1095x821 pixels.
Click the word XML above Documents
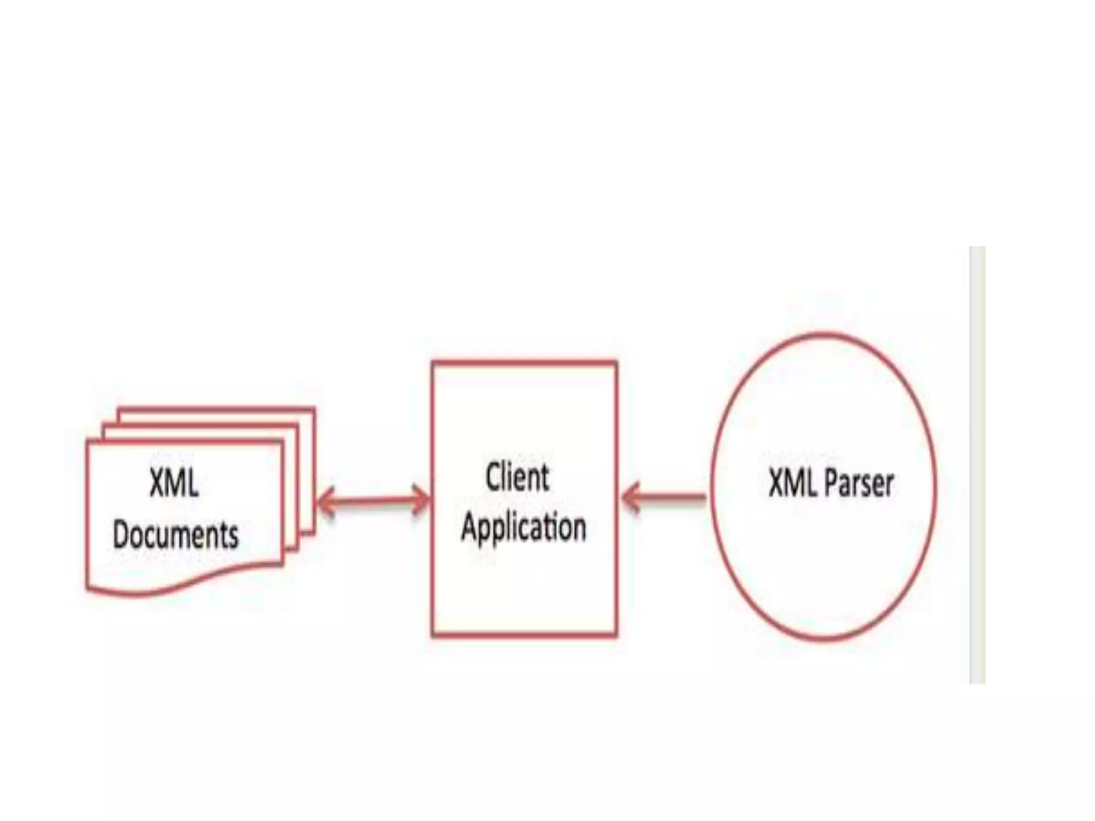(174, 483)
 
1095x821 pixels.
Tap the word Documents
(176, 534)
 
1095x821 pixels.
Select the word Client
(517, 477)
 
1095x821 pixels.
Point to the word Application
(523, 527)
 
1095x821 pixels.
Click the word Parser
(859, 484)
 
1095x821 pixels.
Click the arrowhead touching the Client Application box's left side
(422, 500)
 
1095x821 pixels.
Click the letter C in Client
(494, 477)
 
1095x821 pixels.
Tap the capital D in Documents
(122, 534)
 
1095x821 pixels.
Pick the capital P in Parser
(833, 483)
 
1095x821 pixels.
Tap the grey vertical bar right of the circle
(977, 465)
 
